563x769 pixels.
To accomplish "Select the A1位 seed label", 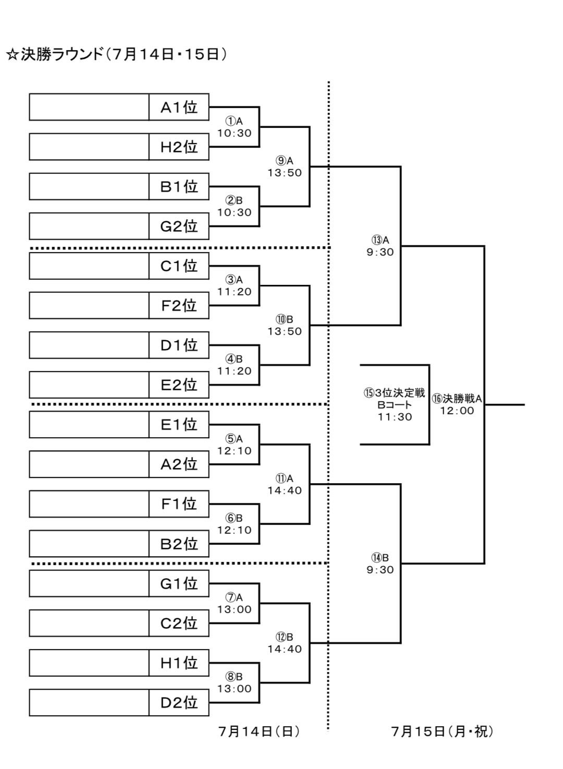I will [x=179, y=107].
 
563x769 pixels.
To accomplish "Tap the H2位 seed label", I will [x=179, y=147].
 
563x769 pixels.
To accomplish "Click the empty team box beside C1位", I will [x=89, y=266].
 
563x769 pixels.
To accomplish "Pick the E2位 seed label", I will [x=179, y=385].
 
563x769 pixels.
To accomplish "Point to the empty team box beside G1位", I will [x=89, y=583].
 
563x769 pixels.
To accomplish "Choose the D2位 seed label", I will [x=179, y=703].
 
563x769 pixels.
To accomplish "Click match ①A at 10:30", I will [x=235, y=127].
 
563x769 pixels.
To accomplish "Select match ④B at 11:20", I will [x=235, y=365].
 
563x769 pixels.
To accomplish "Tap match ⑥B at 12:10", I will [x=235, y=524].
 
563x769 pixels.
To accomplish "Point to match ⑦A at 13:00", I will [x=235, y=604].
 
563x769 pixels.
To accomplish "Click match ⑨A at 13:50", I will [x=285, y=167].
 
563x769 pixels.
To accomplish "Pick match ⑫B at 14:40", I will [x=285, y=643].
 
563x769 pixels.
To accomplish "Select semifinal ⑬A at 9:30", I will [x=380, y=246].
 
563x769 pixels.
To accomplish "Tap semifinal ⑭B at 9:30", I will [x=380, y=564].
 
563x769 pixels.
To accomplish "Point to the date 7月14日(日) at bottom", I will [x=259, y=731].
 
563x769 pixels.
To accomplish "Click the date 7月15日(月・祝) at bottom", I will [x=442, y=731].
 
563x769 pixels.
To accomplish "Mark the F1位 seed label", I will [x=179, y=504].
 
